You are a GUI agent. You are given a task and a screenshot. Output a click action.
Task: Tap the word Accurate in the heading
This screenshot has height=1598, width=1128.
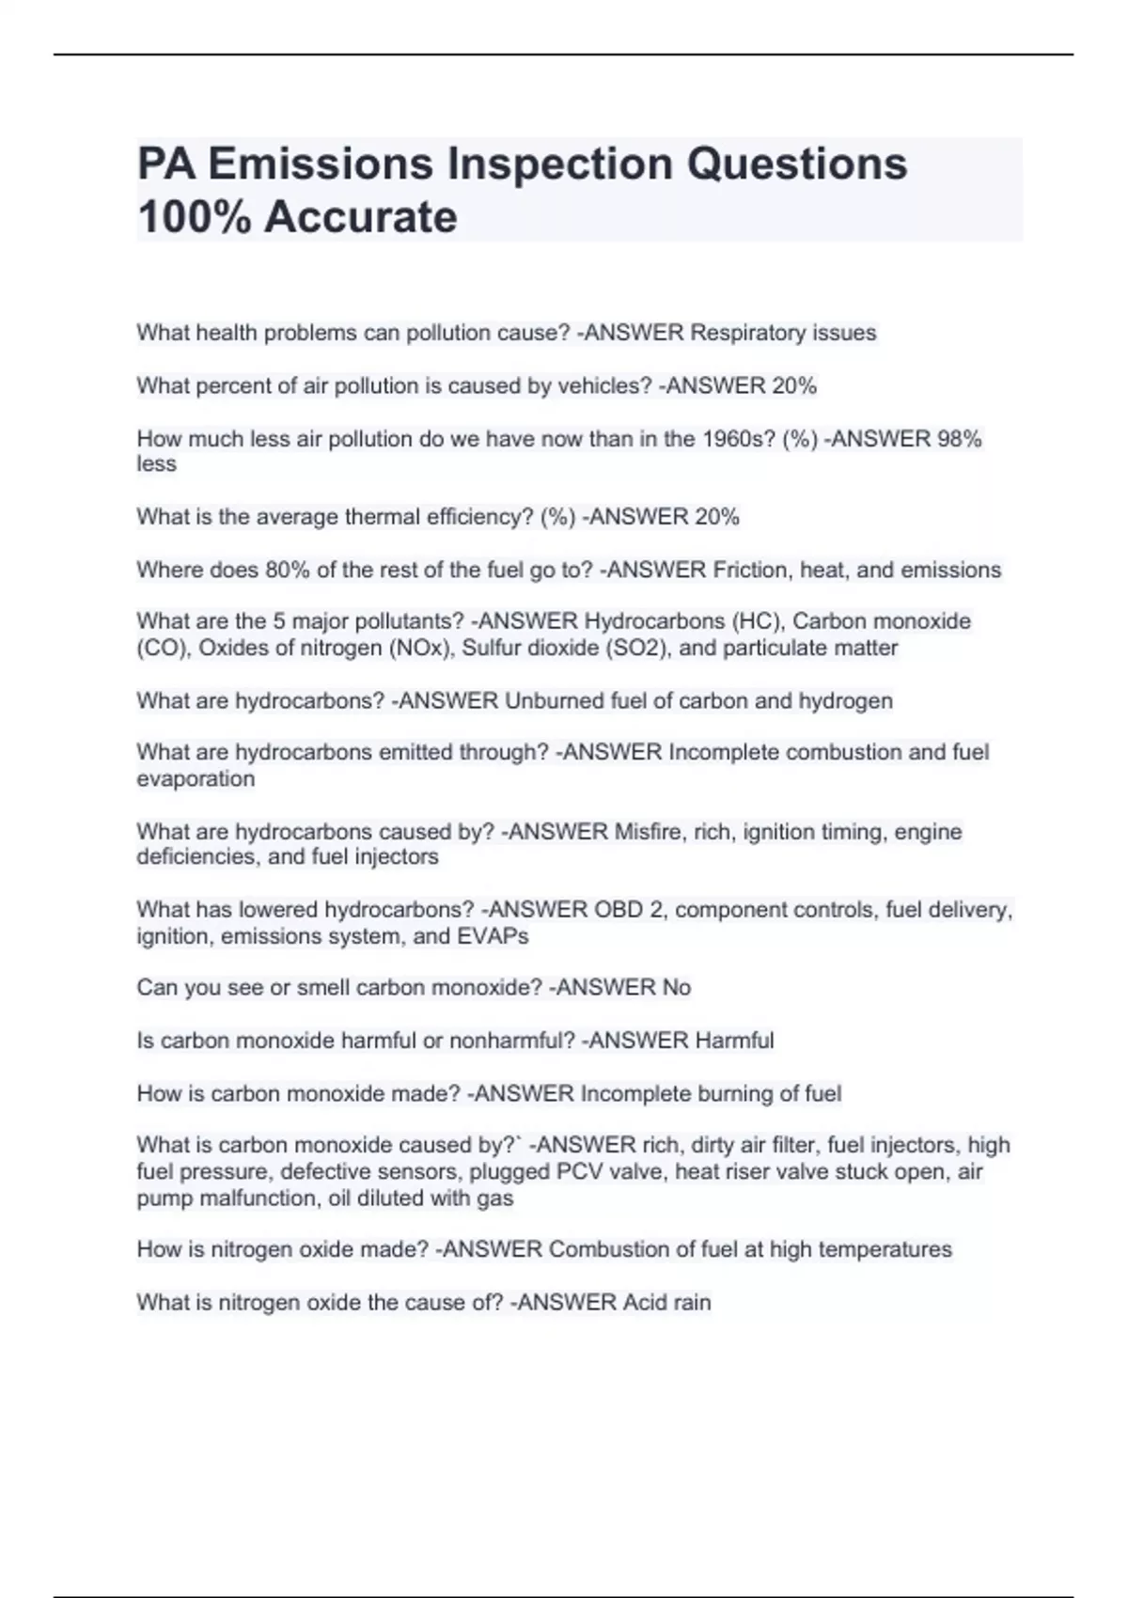pyautogui.click(x=360, y=217)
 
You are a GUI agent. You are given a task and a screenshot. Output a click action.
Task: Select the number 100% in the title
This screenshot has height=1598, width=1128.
pyautogui.click(x=194, y=217)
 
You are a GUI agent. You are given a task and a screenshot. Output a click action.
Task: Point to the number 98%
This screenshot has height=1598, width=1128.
pyautogui.click(x=959, y=439)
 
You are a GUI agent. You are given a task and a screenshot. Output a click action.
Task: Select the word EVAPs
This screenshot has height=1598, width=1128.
pyautogui.click(x=493, y=936)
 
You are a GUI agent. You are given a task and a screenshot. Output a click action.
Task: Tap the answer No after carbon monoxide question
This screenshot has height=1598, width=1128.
pyautogui.click(x=676, y=988)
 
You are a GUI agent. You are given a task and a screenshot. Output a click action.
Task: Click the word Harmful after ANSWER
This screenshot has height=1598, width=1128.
pyautogui.click(x=734, y=1041)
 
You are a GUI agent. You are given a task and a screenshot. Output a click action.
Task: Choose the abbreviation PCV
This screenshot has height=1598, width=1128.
pyautogui.click(x=582, y=1172)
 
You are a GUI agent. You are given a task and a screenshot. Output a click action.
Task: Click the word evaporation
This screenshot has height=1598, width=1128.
pyautogui.click(x=196, y=779)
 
